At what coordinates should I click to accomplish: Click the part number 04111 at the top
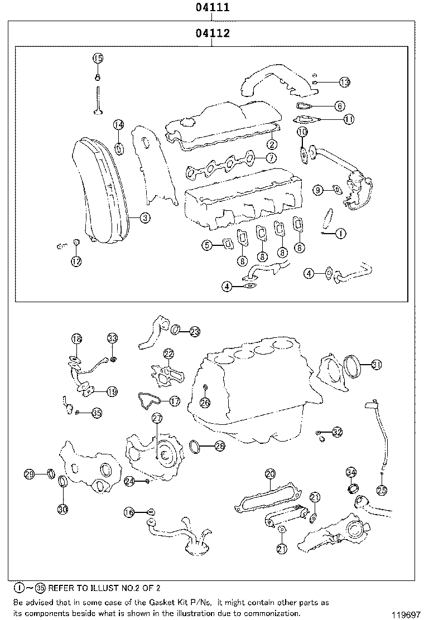click(x=212, y=8)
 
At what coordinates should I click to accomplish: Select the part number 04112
click(x=212, y=33)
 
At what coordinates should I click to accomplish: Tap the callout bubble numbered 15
click(x=98, y=58)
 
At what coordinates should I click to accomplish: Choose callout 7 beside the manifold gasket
click(x=271, y=158)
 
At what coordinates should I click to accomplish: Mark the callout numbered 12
click(x=76, y=260)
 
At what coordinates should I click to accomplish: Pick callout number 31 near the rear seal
click(x=377, y=365)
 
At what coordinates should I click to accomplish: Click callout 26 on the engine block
click(x=205, y=401)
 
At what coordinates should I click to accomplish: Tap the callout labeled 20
click(x=270, y=473)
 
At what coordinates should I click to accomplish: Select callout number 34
click(x=351, y=473)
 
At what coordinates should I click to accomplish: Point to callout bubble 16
click(x=129, y=512)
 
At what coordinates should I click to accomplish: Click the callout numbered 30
click(x=62, y=508)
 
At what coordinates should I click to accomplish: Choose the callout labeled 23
click(x=194, y=331)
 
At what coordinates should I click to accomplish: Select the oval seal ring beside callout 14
click(x=119, y=148)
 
